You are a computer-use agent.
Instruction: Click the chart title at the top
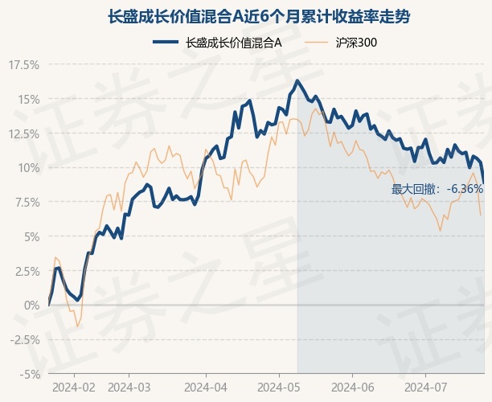click(246, 16)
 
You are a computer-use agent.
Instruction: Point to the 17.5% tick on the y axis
click(23, 64)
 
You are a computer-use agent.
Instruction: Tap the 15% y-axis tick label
click(27, 99)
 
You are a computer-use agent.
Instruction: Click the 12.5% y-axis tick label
click(23, 133)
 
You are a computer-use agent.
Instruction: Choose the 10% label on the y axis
click(27, 168)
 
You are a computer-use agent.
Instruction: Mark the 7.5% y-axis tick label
click(26, 202)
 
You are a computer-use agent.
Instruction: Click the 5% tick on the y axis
click(30, 236)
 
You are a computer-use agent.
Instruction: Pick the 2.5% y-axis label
click(26, 271)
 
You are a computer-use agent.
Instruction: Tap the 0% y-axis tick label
click(30, 306)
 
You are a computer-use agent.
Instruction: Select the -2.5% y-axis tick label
click(24, 339)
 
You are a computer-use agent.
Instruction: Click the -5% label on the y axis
click(28, 374)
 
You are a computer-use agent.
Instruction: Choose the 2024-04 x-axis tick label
click(206, 387)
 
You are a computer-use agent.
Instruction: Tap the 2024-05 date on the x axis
click(279, 387)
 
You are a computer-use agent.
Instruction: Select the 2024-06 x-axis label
click(354, 387)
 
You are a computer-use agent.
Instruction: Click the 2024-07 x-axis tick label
click(428, 387)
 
